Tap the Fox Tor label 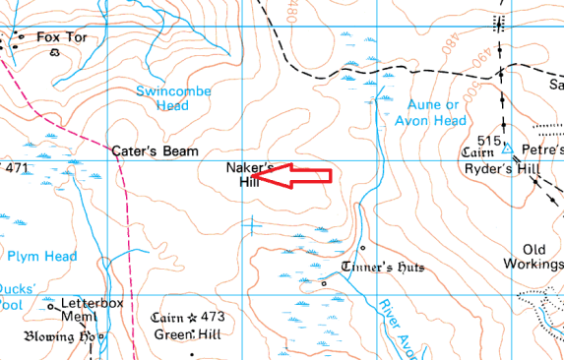pyautogui.click(x=55, y=37)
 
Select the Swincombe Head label pyautogui.click(x=161, y=98)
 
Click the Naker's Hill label pyautogui.click(x=250, y=174)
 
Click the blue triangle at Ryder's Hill pyautogui.click(x=506, y=150)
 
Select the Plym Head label pyautogui.click(x=41, y=257)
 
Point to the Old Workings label pyautogui.click(x=540, y=257)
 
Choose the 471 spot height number pyautogui.click(x=17, y=169)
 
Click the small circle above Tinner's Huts pyautogui.click(x=362, y=247)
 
